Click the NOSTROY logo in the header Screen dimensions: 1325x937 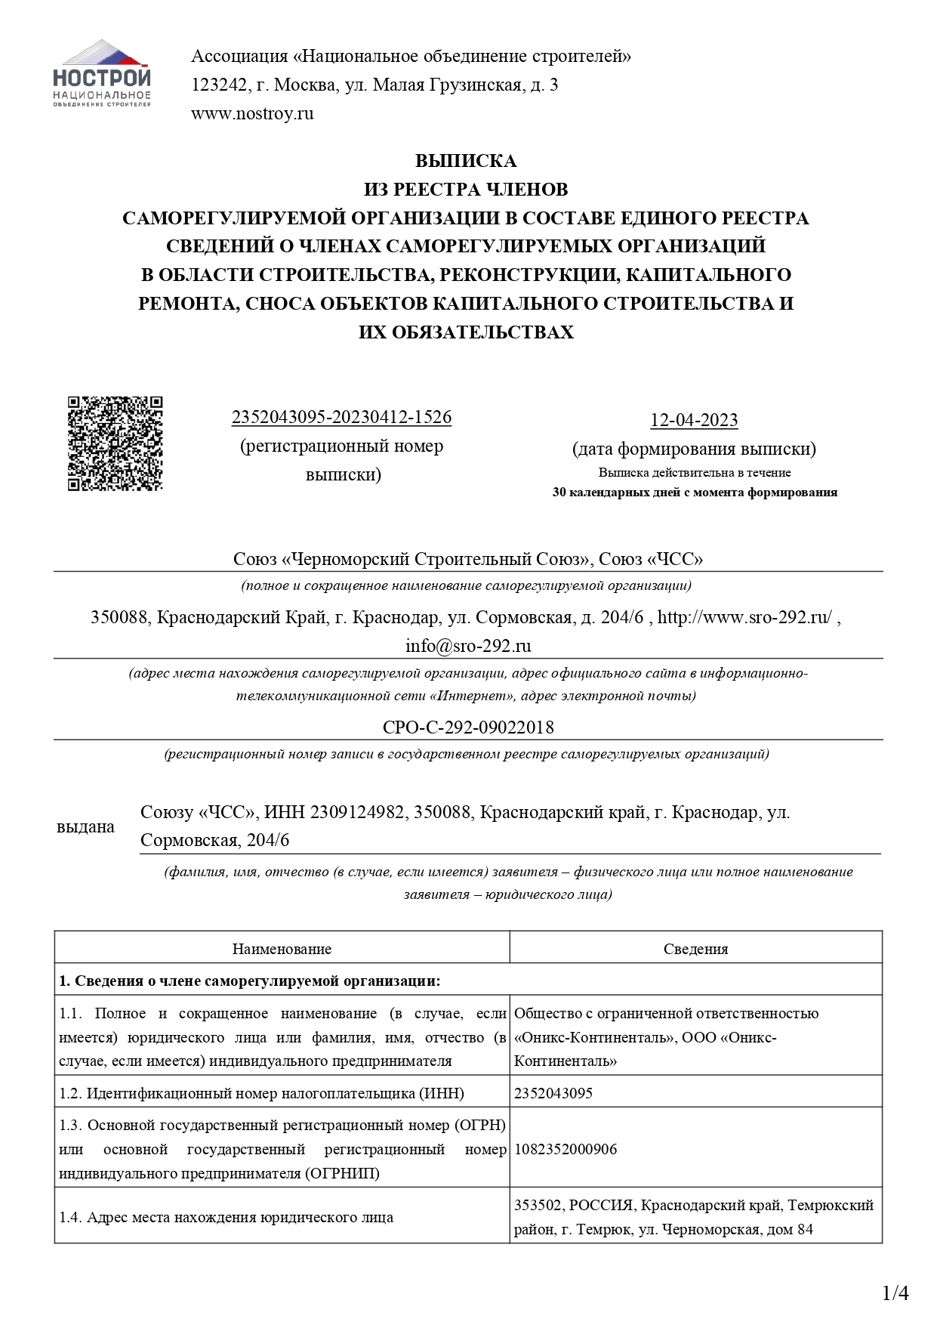click(x=102, y=73)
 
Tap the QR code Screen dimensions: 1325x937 click(x=116, y=443)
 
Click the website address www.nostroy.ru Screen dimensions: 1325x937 click(x=252, y=114)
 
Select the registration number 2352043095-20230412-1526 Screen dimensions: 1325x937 click(x=341, y=417)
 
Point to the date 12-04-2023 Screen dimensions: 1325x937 click(x=694, y=420)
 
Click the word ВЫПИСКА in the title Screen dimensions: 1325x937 click(x=466, y=161)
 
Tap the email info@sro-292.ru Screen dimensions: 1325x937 click(x=468, y=646)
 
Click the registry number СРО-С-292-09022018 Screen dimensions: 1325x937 click(x=468, y=727)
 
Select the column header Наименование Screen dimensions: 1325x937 click(x=282, y=949)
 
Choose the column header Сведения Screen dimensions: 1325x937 click(x=695, y=949)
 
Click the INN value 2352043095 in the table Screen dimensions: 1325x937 click(x=553, y=1093)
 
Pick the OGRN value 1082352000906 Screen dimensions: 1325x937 click(x=566, y=1149)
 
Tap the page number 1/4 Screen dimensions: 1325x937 click(x=895, y=1294)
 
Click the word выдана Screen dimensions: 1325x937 click(x=85, y=827)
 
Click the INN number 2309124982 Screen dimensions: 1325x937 click(x=356, y=812)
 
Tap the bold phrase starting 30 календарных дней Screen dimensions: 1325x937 click(x=695, y=493)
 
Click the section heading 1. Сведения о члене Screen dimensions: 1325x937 click(x=249, y=981)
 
